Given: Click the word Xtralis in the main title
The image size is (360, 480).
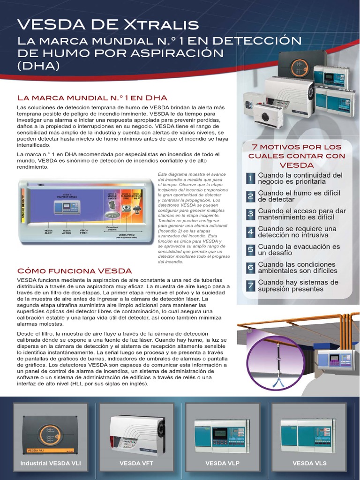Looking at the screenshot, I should coord(164,25).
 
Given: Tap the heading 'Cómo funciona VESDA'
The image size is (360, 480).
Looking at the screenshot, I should coord(75,271).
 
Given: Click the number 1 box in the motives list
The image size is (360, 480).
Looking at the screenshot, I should coord(251,178).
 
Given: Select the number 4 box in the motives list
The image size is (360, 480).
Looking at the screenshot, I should coord(251,232).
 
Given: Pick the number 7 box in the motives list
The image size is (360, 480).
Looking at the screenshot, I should coord(251,285).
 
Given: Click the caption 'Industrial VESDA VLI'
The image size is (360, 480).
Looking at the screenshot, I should coord(51,463).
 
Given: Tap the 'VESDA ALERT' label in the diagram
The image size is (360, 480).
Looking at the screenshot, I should coord(49,231).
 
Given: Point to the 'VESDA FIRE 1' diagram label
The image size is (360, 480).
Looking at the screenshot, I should coord(84,231).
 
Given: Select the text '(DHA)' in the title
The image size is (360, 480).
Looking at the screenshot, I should coord(38,66).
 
